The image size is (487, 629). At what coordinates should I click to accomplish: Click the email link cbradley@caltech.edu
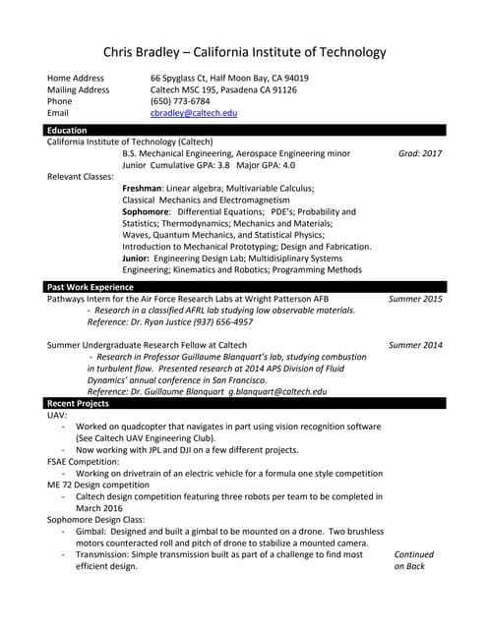point(194,114)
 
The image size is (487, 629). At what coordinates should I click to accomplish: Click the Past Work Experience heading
point(91,286)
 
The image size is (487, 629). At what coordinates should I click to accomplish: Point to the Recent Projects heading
point(78,403)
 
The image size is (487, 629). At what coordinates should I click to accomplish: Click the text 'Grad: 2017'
point(420,154)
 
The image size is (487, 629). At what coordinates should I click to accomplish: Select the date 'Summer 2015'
point(415,298)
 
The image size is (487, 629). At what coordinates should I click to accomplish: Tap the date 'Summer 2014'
point(415,345)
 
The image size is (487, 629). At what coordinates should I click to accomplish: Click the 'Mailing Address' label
point(79,89)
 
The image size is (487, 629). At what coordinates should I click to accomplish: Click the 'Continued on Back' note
point(413,560)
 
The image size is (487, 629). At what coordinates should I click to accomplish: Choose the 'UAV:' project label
point(58,415)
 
